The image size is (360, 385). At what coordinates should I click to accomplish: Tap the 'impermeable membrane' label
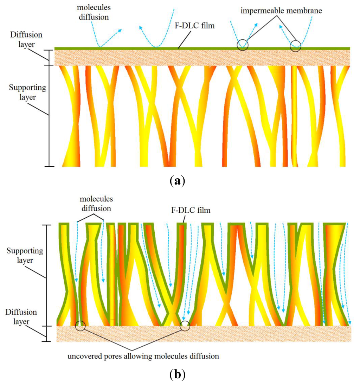point(282,11)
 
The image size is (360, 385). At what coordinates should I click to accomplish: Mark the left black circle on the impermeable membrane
point(242,45)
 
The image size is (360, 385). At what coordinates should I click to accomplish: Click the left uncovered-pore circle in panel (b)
point(81,326)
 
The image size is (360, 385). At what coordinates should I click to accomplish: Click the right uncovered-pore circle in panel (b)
point(185,326)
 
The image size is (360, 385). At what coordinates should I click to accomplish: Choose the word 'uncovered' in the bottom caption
point(82,356)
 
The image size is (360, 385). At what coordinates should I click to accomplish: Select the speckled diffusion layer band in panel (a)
point(202,57)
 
